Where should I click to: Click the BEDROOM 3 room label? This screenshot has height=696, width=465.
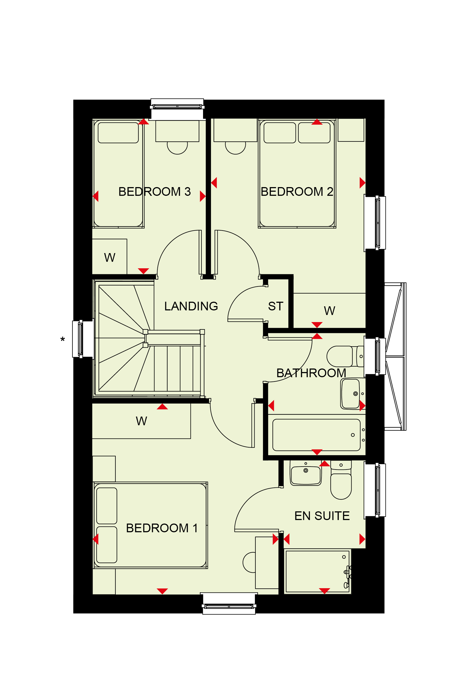pos(154,192)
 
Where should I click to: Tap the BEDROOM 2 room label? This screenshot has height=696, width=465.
pos(297,192)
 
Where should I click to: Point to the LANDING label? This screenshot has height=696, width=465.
pos(191,306)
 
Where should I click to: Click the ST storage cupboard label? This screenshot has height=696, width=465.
pos(276,306)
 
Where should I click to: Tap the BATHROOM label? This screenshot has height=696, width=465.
pos(311,373)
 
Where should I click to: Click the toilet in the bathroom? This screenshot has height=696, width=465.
pos(345,356)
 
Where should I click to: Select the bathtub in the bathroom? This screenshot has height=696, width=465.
pos(317,435)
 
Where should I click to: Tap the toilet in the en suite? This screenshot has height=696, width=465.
pos(341,480)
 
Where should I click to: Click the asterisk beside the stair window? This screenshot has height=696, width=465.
pos(63,339)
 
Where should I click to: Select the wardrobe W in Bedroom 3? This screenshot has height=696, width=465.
pos(109,257)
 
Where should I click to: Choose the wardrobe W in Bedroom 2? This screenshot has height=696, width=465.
pos(330,311)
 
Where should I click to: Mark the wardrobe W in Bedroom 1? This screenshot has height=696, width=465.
pos(141,421)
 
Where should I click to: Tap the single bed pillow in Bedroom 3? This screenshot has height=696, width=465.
pos(118,133)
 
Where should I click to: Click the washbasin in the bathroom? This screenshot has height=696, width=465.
pos(350,394)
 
